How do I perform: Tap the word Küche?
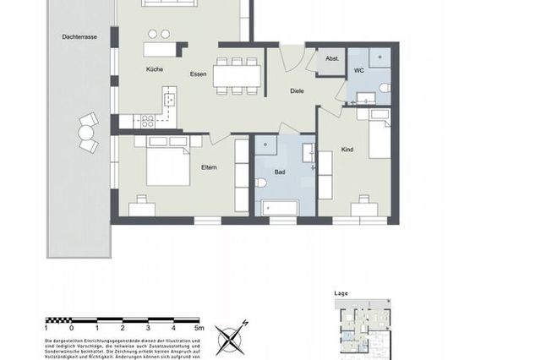pyautogui.click(x=154, y=69)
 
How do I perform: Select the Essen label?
pyautogui.click(x=199, y=74)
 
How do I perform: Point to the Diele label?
pyautogui.click(x=297, y=91)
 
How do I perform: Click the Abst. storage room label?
pyautogui.click(x=332, y=58)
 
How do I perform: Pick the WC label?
pyautogui.click(x=358, y=70)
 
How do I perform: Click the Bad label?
pyautogui.click(x=280, y=172)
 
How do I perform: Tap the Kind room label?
pyautogui.click(x=347, y=149)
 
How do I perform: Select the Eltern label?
pyautogui.click(x=209, y=167)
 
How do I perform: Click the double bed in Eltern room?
pyautogui.click(x=169, y=162)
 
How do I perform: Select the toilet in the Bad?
pyautogui.click(x=262, y=183)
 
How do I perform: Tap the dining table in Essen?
pyautogui.click(x=236, y=75)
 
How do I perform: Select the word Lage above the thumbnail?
pyautogui.click(x=342, y=293)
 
